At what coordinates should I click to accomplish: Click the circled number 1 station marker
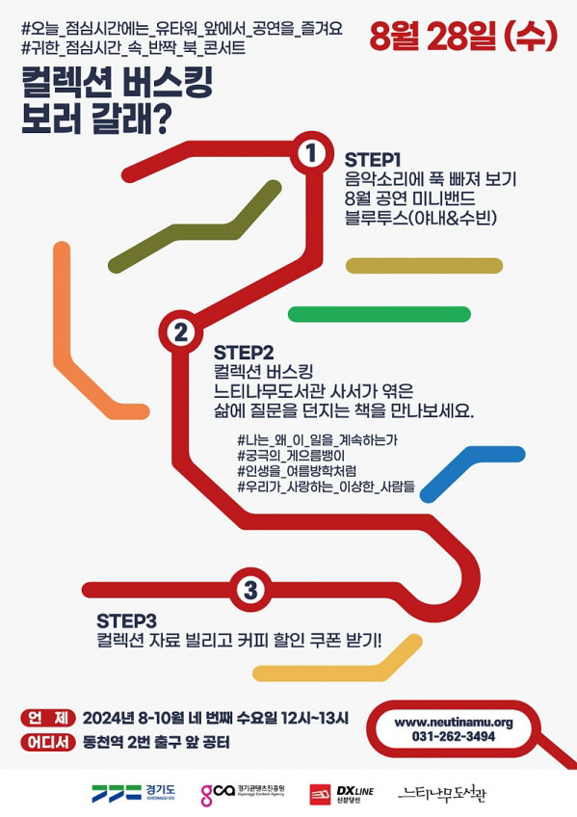[x=311, y=152]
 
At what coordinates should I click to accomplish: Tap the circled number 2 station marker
[x=181, y=331]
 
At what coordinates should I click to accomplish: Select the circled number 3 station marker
[x=250, y=590]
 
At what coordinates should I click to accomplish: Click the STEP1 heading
[x=373, y=160]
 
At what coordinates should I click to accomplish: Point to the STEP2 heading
[x=244, y=353]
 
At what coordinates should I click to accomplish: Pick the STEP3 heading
[x=126, y=620]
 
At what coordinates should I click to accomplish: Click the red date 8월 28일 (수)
[x=463, y=37]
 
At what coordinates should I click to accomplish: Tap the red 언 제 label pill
[x=48, y=718]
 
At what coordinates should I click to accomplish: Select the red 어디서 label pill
[x=48, y=742]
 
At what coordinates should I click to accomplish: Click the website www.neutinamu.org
[x=454, y=723]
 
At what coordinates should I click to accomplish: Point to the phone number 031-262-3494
[x=454, y=736]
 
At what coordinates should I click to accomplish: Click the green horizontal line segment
[x=380, y=314]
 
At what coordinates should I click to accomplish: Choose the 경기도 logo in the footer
[x=133, y=793]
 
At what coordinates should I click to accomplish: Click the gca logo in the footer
[x=243, y=794]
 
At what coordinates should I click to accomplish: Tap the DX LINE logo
[x=342, y=794]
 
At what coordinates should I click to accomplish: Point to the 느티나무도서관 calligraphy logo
[x=442, y=794]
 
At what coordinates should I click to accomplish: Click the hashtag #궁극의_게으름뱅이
[x=291, y=456]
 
